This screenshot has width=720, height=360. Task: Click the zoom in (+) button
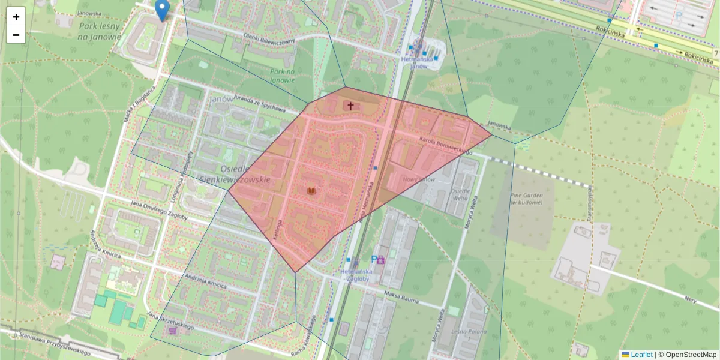(16, 17)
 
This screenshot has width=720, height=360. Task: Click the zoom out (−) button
(16, 35)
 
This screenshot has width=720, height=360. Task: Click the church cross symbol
(350, 106)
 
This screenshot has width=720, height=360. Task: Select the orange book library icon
(311, 191)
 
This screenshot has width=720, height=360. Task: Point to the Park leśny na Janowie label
(100, 31)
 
